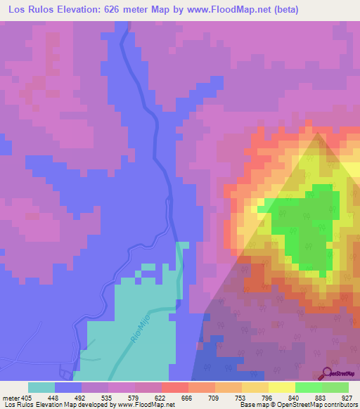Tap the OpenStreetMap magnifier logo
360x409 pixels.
click(326, 372)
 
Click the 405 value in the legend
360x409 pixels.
click(25, 396)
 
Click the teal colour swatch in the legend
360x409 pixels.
click(41, 387)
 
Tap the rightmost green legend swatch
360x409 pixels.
click(335, 387)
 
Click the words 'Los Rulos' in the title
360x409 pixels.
click(26, 10)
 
